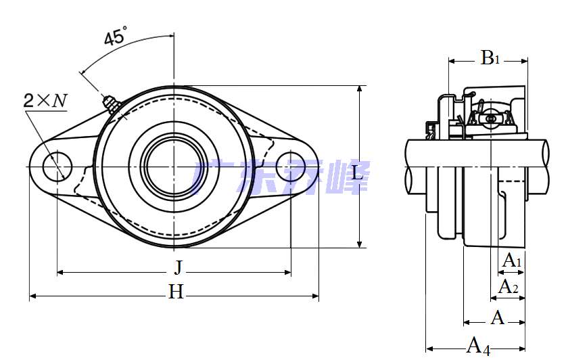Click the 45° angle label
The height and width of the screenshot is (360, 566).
(x=116, y=35)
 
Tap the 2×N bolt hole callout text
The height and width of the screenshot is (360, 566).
(x=45, y=100)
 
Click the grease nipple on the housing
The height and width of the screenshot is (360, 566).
(x=111, y=104)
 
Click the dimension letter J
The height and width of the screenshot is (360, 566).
(x=179, y=268)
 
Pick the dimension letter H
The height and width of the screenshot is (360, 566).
(x=176, y=292)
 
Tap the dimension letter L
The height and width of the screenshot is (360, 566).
(x=357, y=173)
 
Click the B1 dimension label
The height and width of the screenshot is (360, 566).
(x=490, y=58)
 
